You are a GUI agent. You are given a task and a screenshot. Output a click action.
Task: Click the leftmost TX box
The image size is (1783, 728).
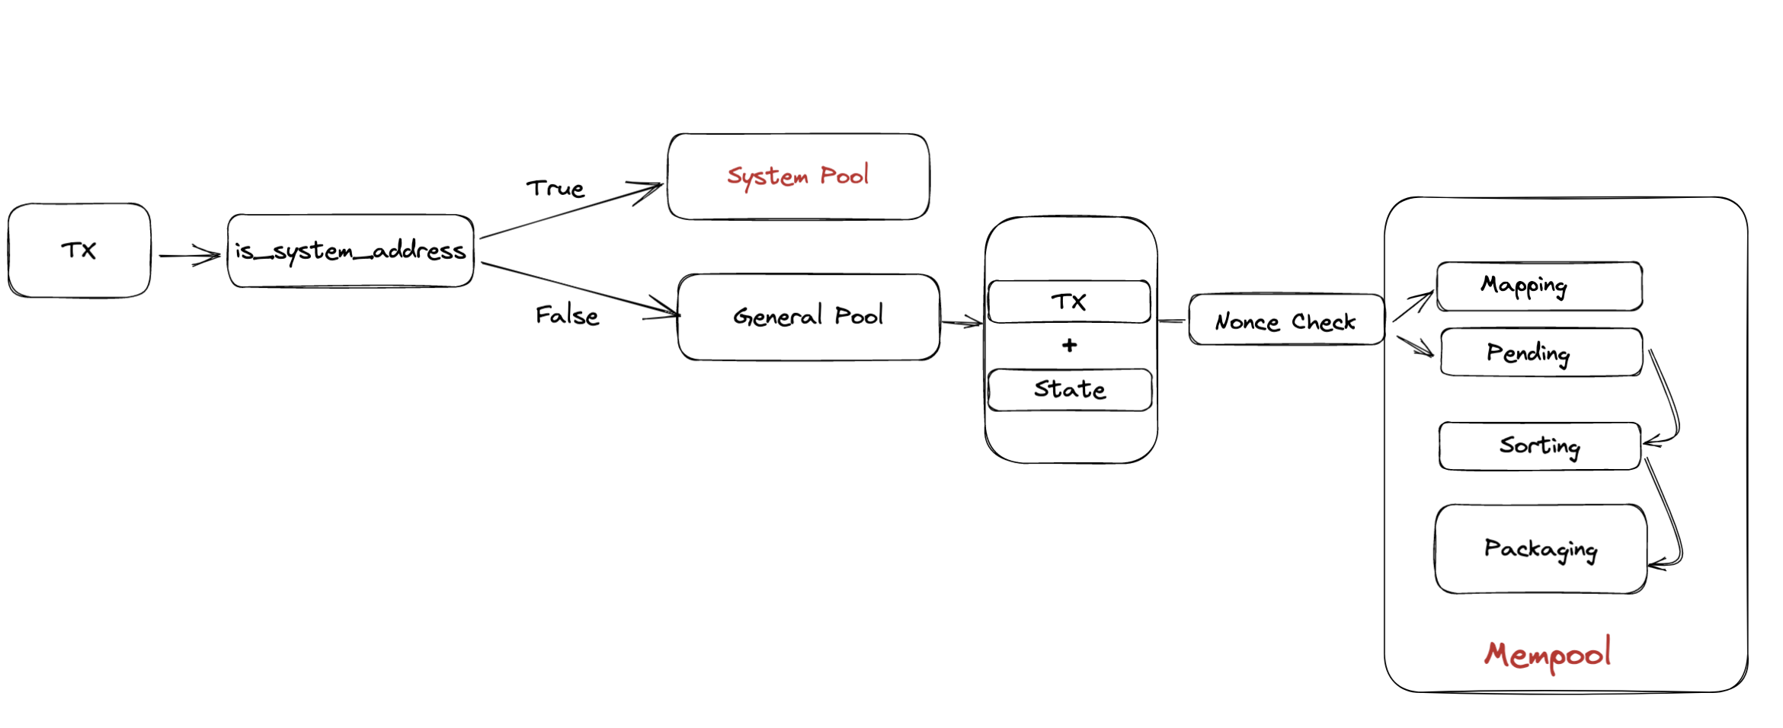click(79, 250)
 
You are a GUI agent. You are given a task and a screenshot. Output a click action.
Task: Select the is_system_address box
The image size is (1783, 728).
click(351, 251)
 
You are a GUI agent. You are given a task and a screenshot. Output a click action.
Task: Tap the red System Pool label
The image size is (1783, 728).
click(798, 176)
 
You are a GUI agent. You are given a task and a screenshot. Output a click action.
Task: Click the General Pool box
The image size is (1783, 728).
click(808, 316)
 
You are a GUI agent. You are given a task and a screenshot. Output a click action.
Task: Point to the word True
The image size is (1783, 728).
click(555, 188)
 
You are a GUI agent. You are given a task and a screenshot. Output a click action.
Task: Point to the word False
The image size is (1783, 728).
click(567, 315)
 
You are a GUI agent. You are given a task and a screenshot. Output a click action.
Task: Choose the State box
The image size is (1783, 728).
click(1070, 390)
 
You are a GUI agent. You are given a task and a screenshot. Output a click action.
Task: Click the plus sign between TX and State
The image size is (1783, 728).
click(1070, 346)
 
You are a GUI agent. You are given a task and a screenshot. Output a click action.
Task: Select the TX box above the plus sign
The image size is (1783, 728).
click(1069, 302)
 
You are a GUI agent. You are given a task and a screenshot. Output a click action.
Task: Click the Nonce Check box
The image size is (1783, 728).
click(1286, 321)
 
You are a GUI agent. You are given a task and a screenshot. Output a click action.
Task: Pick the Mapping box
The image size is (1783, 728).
click(1539, 286)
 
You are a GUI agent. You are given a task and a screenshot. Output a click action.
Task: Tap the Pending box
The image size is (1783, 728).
click(1541, 352)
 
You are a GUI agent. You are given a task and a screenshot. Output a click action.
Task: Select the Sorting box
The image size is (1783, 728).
click(1539, 445)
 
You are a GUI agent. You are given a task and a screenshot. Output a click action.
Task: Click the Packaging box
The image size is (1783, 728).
click(1541, 548)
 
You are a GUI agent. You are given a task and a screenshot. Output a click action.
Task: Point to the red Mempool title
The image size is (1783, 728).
click(1548, 654)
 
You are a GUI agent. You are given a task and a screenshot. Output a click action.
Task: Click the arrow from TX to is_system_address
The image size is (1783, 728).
click(189, 255)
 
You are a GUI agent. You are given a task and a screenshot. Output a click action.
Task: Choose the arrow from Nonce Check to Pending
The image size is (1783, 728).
click(1415, 346)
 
